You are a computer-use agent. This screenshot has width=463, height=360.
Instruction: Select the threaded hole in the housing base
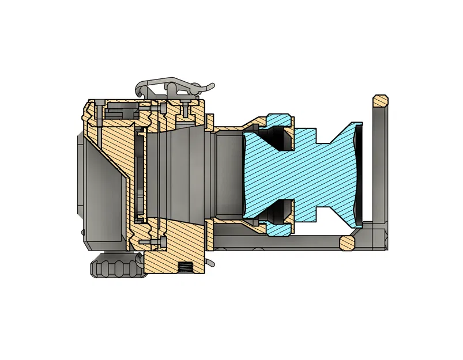pos(185,268)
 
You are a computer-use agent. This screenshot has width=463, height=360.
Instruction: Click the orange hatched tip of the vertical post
pos(380,101)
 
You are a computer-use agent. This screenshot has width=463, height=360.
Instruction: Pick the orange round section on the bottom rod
pos(348,242)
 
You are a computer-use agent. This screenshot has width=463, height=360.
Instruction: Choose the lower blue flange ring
pos(278,229)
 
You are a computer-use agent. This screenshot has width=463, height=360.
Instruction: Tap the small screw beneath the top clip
pos(186,109)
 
